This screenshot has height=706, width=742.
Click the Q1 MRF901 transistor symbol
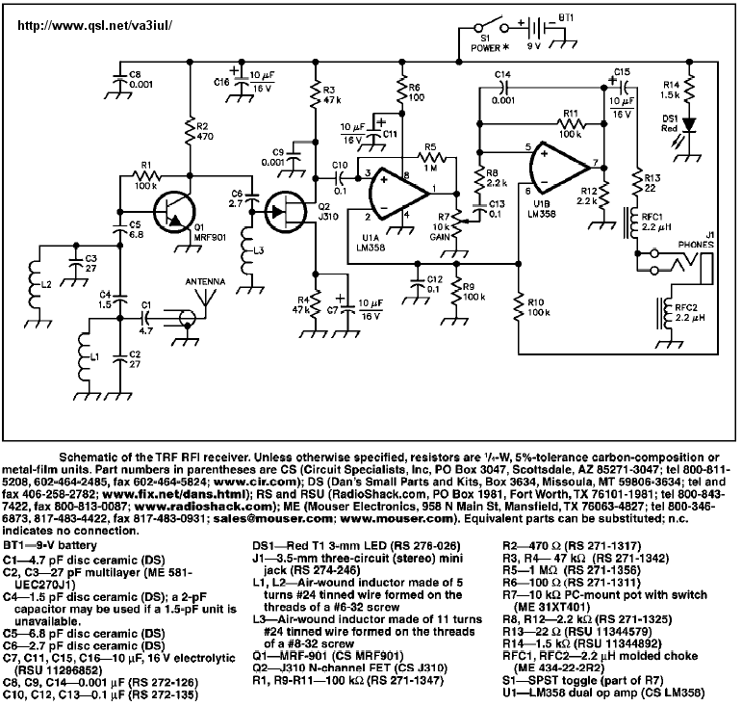pos(174,211)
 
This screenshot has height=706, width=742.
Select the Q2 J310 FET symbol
pos(286,211)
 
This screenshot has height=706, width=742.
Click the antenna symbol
pos(205,297)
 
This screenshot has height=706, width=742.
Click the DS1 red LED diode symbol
pos(689,124)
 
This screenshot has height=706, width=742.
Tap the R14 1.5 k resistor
pos(689,89)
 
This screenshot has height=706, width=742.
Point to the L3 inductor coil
pos(248,251)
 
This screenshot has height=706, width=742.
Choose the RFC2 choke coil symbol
pos(668,314)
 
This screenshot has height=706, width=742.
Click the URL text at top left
pos(95,26)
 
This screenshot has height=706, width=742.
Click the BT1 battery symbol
pos(537,28)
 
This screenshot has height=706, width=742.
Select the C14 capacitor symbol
pos(502,87)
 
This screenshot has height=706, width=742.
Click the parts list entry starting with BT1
pos(50,545)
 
